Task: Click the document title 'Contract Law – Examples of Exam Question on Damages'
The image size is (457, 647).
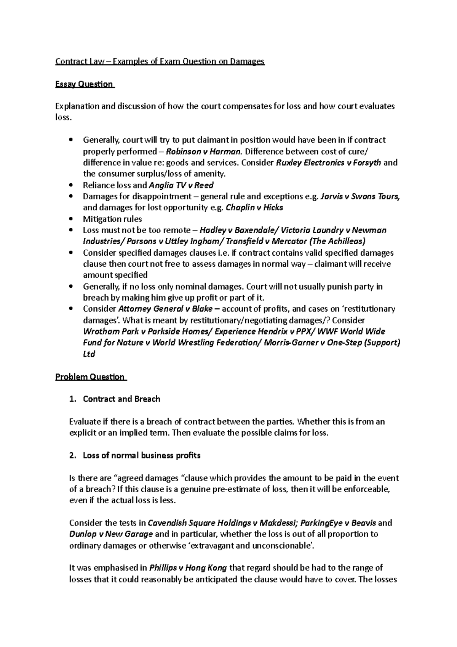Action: click(x=160, y=61)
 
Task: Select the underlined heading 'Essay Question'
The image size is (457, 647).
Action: click(x=85, y=84)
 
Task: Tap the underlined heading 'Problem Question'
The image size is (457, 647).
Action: click(x=90, y=377)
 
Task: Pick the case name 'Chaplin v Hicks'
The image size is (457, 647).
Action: click(x=254, y=208)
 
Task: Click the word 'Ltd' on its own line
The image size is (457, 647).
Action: click(x=89, y=354)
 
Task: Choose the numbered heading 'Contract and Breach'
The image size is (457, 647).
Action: click(x=121, y=399)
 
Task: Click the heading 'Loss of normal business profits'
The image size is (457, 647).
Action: click(x=141, y=455)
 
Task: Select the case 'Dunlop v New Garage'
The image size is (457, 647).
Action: click(x=111, y=534)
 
